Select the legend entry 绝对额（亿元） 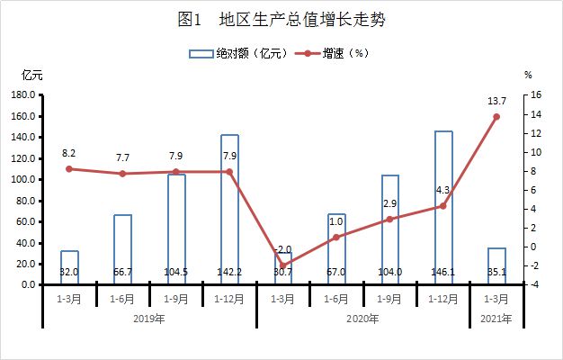[238, 54]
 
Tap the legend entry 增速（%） [332, 54]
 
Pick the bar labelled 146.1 [443, 207]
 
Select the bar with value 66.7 [123, 249]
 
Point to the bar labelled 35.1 [496, 265]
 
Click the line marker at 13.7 [496, 117]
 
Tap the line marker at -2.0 [282, 265]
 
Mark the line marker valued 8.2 [69, 169]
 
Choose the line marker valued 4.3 [443, 206]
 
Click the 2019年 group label [149, 319]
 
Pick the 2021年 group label [496, 319]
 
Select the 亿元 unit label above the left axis [32, 75]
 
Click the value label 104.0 [389, 272]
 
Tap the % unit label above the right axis [528, 75]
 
